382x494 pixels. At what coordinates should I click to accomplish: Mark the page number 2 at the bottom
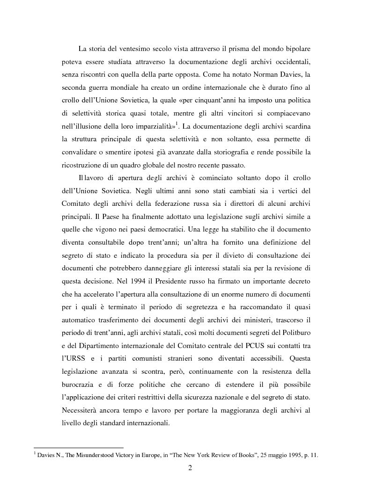tap(191, 468)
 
